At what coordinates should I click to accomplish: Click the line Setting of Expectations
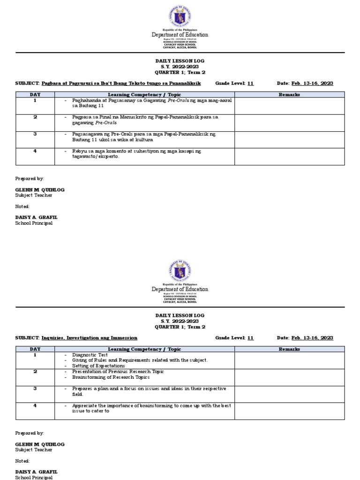(98, 366)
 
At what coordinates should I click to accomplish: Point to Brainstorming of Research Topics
(111, 377)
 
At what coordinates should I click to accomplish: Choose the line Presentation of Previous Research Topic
(118, 371)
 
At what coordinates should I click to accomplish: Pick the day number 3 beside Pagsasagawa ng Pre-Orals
(35, 134)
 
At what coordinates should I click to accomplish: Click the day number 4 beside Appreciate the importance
(35, 405)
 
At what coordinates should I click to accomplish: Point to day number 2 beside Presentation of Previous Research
(35, 371)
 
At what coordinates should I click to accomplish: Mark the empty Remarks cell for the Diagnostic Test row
(289, 360)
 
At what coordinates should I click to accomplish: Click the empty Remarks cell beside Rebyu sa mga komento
(289, 157)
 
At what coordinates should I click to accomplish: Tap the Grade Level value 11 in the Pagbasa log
(250, 83)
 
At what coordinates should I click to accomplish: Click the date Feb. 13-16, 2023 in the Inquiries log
(312, 337)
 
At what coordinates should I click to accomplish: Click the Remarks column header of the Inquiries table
(289, 349)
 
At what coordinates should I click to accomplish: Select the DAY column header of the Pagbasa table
(35, 95)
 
